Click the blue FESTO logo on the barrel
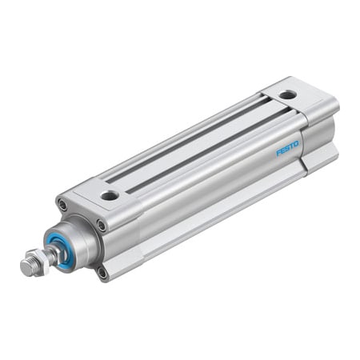point(287,148)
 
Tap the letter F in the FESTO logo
point(279,152)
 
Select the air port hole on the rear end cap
point(287,95)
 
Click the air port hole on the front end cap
point(110,194)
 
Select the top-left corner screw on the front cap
point(63,206)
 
